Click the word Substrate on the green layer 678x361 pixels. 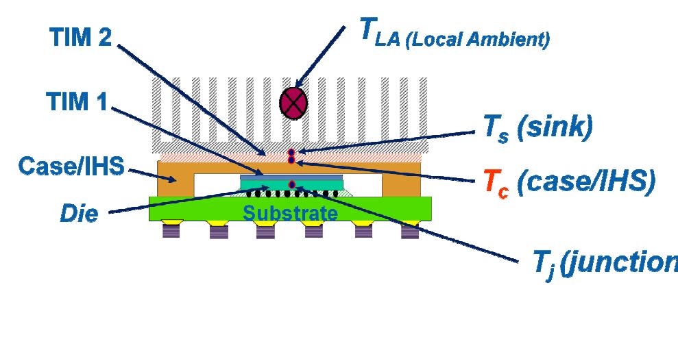pos(291,213)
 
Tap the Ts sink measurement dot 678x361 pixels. pos(291,152)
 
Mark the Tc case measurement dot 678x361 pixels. pos(291,160)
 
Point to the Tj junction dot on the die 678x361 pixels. pos(293,184)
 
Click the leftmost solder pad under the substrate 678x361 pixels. pos(171,230)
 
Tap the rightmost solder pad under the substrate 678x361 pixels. pos(410,230)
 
